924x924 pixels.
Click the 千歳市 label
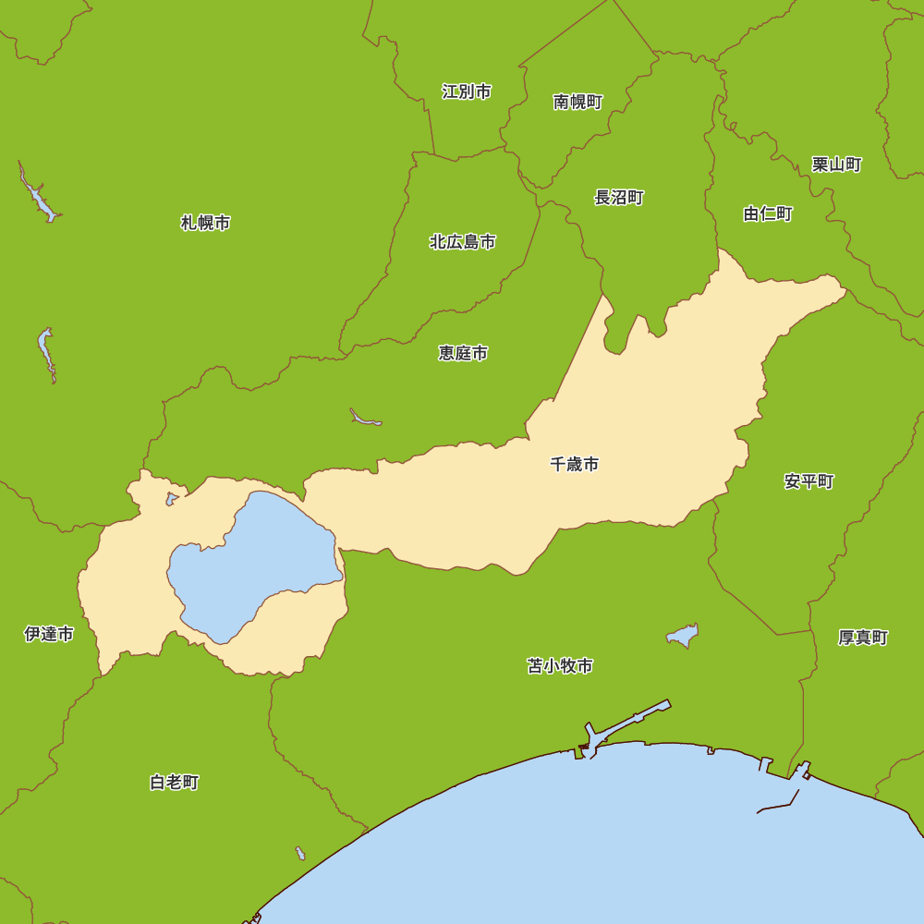tap(574, 464)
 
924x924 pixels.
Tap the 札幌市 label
tap(205, 223)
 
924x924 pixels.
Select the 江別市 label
tap(467, 91)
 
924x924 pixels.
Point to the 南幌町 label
tap(578, 102)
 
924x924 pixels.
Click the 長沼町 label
tap(619, 197)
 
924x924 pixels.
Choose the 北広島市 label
tap(463, 242)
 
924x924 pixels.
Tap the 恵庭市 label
tap(463, 353)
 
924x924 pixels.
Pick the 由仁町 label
tap(768, 214)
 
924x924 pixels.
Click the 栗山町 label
tap(837, 164)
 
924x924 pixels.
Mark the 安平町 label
tap(809, 481)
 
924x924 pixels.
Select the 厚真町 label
tap(863, 638)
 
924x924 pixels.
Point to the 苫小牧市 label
tap(560, 666)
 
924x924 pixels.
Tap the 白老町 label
tap(174, 783)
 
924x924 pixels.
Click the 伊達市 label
tap(49, 634)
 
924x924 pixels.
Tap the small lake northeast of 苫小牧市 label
tap(683, 636)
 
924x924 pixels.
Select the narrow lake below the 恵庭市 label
tap(365, 419)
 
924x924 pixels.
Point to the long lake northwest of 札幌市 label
tap(39, 197)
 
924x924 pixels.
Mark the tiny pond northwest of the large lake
tap(172, 499)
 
